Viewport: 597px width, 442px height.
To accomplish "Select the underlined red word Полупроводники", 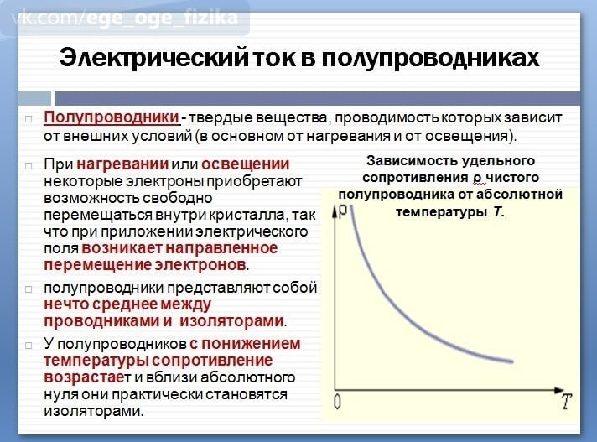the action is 112,117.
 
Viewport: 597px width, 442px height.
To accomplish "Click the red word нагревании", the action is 122,164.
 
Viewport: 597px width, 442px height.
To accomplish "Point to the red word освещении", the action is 245,164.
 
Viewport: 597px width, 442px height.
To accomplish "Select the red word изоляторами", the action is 232,321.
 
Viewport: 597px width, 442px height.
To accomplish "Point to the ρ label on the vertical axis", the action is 343,211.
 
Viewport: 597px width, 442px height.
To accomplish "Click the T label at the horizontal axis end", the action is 567,401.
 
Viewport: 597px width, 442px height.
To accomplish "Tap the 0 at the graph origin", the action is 337,402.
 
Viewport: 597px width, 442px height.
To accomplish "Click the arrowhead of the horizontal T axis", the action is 559,390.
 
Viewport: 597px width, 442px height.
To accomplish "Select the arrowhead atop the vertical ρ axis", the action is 335,211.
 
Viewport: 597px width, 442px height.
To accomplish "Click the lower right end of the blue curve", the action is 513,361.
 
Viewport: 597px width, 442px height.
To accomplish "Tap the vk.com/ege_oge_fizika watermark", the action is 125,18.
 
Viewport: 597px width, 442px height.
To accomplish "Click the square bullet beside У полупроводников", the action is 29,346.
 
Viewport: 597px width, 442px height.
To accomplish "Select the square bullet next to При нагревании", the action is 29,166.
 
